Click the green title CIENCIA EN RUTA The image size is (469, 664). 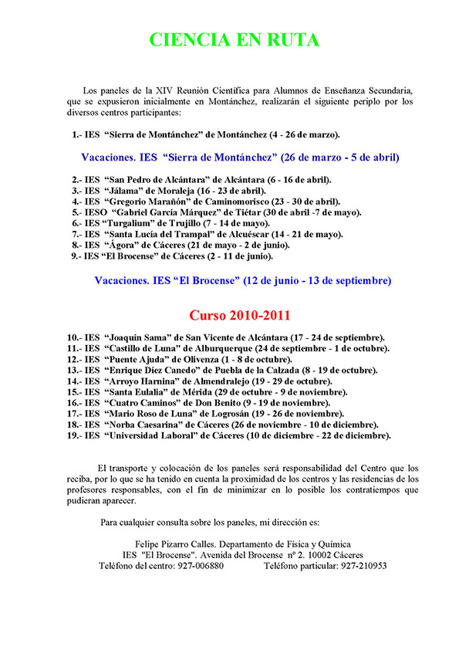click(x=234, y=40)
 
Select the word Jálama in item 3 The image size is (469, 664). click(x=127, y=190)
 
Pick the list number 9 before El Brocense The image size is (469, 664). click(x=73, y=255)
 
